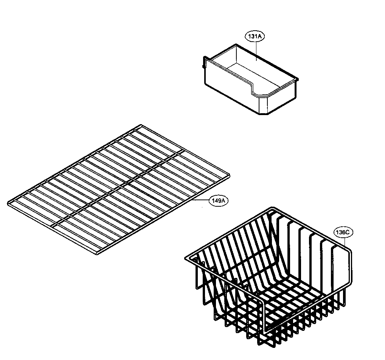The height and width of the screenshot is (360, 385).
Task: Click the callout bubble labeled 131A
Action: (x=255, y=36)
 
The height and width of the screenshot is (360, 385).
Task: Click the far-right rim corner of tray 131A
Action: (x=297, y=80)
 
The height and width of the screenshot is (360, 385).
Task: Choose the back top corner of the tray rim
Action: (x=237, y=44)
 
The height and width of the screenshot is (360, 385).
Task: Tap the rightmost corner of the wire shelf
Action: (x=229, y=175)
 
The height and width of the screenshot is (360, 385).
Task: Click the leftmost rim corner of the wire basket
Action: (x=186, y=259)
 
